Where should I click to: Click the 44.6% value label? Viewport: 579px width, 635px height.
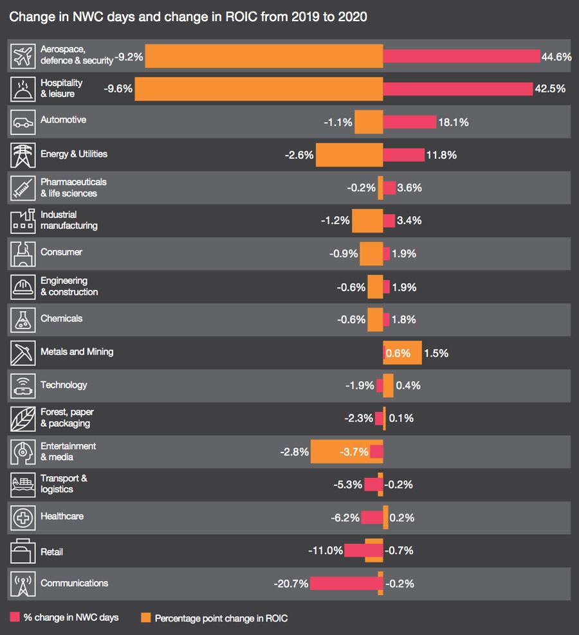[556, 57]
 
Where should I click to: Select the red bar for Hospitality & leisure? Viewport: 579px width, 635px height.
[457, 89]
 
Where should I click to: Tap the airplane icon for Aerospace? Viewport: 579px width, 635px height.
[23, 56]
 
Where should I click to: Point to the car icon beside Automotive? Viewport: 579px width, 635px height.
[23, 121]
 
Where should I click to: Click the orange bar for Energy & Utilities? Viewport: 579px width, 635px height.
[349, 155]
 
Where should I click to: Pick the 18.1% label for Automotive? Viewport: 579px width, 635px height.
[454, 122]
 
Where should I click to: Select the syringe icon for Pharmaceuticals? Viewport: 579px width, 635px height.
[23, 188]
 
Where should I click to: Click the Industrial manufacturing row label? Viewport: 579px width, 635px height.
[69, 220]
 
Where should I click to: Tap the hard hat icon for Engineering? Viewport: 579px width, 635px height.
[23, 287]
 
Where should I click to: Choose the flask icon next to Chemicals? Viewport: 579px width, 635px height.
[23, 319]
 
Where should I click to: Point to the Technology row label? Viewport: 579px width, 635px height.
[64, 385]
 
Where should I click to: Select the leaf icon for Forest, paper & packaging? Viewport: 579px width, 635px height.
[23, 418]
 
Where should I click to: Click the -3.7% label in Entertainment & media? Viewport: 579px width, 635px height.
[354, 452]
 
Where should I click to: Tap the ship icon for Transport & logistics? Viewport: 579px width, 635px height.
[23, 485]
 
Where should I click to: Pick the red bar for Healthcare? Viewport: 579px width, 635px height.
[372, 517]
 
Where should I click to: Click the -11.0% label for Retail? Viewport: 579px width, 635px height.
[326, 551]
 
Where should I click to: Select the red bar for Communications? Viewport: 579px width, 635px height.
[347, 584]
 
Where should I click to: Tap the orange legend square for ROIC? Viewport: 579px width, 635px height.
[146, 618]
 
